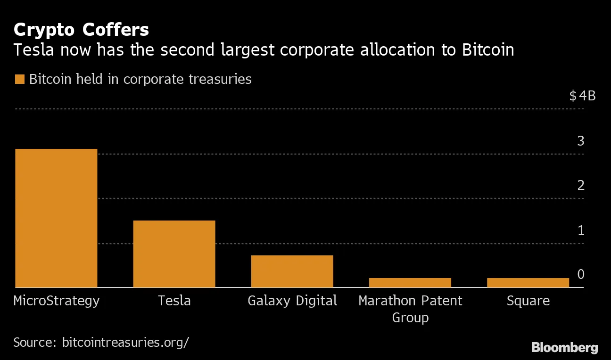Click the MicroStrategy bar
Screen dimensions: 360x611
click(56, 218)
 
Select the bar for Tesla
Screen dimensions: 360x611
click(174, 254)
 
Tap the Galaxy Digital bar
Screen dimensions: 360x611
click(292, 271)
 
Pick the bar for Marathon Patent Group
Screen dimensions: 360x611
click(410, 282)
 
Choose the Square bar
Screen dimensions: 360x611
click(528, 282)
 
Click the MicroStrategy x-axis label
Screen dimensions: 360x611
click(57, 301)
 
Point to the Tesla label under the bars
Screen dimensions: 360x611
click(174, 301)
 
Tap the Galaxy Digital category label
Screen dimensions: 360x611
click(292, 301)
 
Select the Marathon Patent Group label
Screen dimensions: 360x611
click(410, 309)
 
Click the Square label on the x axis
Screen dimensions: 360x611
click(528, 301)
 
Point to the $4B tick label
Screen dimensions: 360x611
click(582, 96)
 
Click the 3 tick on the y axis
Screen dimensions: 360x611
click(581, 141)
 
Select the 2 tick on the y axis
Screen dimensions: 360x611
click(581, 185)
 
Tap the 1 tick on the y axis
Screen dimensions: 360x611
click(581, 230)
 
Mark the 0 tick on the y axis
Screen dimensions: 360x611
click(581, 274)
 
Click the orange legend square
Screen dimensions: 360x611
click(19, 79)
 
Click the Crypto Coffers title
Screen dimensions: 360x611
click(81, 30)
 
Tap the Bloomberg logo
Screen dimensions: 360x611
click(564, 348)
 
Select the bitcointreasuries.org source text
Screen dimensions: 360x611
click(125, 342)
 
